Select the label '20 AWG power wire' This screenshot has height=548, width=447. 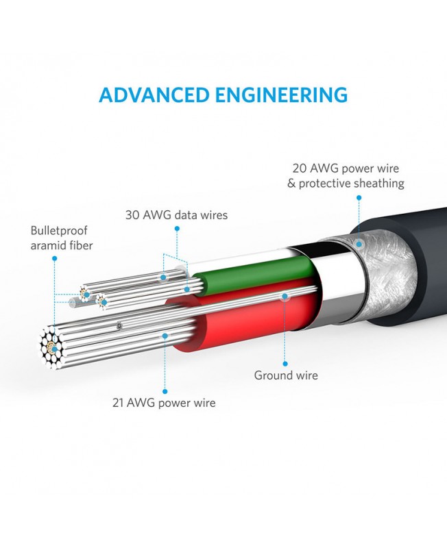point(346,168)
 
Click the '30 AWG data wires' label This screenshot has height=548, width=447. point(176,215)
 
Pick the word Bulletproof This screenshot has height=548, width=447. point(59,231)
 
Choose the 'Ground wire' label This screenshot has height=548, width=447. point(286,375)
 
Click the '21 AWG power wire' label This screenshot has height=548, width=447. point(164,403)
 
